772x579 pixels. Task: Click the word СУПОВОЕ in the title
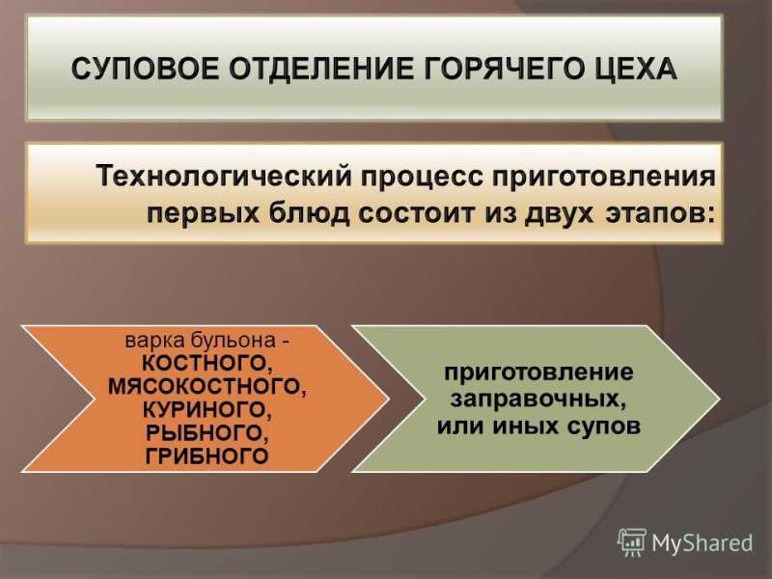[x=146, y=69]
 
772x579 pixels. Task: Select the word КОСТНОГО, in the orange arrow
[x=207, y=364]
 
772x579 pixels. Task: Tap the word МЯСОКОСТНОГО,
[x=207, y=387]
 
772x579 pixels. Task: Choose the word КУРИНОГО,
[x=207, y=409]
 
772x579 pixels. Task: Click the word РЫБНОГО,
[x=207, y=432]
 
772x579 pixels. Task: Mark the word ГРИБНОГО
[x=207, y=455]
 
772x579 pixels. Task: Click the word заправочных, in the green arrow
[x=538, y=399]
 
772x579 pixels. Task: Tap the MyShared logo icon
[x=632, y=542]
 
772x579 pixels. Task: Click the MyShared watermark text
[x=703, y=543]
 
